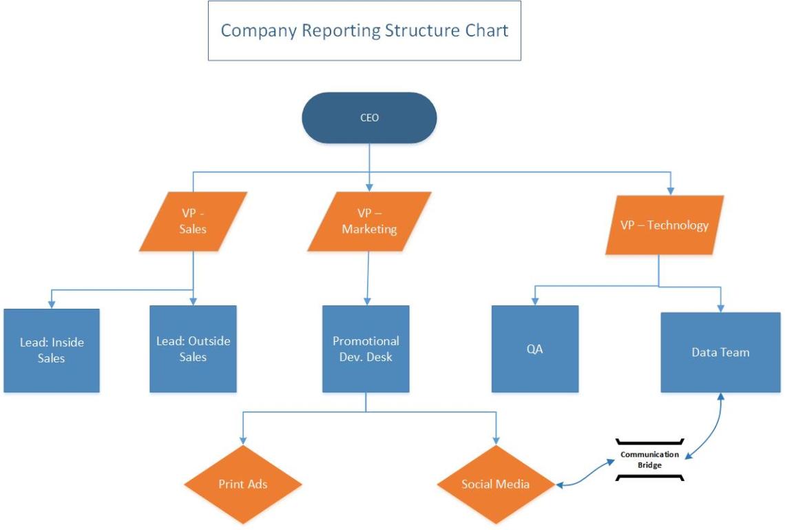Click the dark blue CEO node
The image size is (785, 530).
point(369,118)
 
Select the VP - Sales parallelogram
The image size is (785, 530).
point(193,221)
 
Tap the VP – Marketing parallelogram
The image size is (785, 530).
point(369,221)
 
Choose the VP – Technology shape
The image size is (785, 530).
point(664,225)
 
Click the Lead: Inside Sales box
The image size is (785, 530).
point(52,349)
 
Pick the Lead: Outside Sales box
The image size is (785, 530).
point(193,349)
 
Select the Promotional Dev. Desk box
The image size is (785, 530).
point(366,349)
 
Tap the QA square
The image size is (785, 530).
point(534,349)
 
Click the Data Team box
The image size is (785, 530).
point(720,352)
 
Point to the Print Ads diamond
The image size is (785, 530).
point(243,484)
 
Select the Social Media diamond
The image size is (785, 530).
point(496,484)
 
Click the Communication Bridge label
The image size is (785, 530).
point(649,459)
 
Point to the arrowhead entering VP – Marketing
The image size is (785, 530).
point(370,187)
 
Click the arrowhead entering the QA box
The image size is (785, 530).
point(534,300)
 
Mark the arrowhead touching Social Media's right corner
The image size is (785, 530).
point(561,485)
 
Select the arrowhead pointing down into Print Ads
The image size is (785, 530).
point(243,440)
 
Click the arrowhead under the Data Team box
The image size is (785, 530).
point(720,398)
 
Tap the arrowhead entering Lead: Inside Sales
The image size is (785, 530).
point(52,303)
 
